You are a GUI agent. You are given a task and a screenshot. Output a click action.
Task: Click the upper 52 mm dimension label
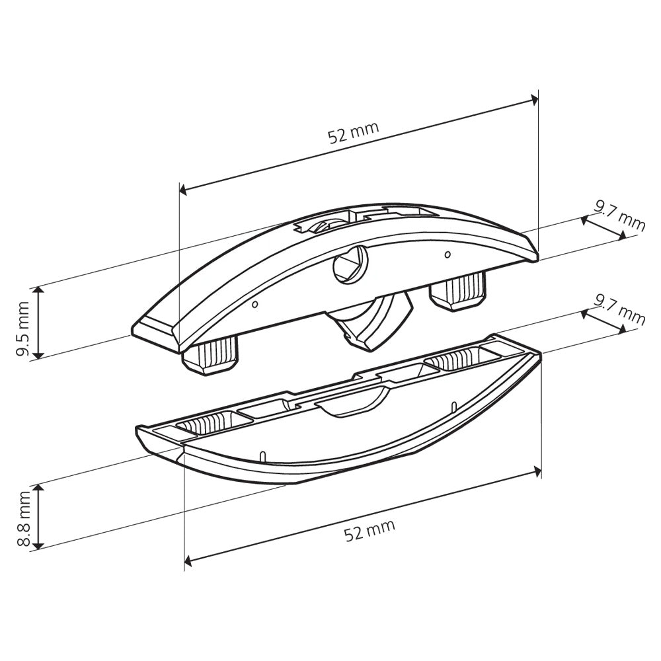(354, 132)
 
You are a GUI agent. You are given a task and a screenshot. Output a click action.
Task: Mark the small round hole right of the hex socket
(447, 254)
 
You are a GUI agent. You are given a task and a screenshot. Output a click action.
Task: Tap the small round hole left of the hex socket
(255, 305)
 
